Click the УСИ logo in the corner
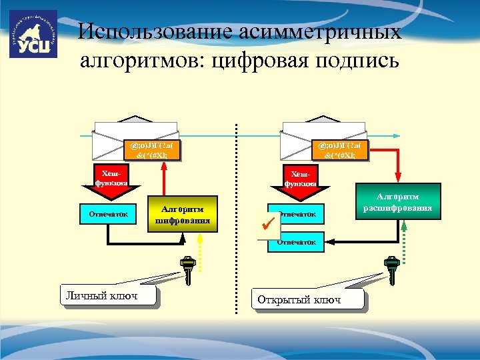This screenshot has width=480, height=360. tap(33, 34)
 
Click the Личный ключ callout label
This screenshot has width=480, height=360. tap(107, 295)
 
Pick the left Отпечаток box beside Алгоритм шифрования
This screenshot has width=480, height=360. tap(107, 213)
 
